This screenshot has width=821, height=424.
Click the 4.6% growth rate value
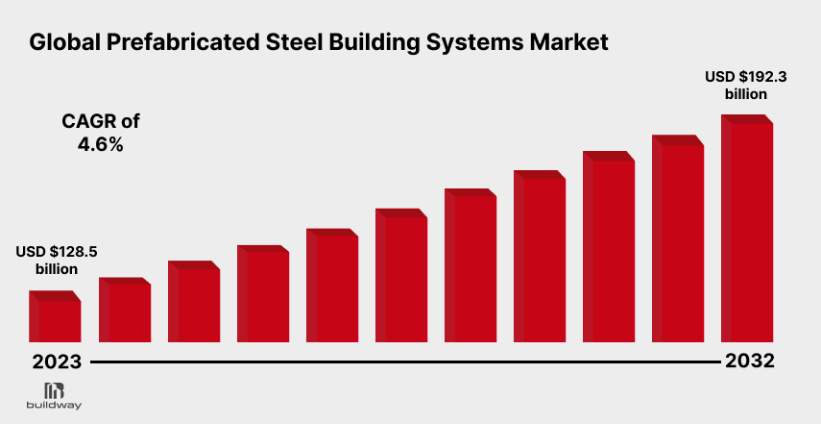point(100,145)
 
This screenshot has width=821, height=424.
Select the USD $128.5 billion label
point(57,260)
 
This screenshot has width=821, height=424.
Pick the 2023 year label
point(56,363)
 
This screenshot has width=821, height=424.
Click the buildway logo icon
point(55,390)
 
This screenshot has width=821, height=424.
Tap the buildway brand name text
point(55,406)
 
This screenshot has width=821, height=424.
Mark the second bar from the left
point(124,311)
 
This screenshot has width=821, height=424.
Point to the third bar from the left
point(193,302)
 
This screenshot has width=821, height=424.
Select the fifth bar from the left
point(331,286)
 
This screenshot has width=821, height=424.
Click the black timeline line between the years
point(403,363)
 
